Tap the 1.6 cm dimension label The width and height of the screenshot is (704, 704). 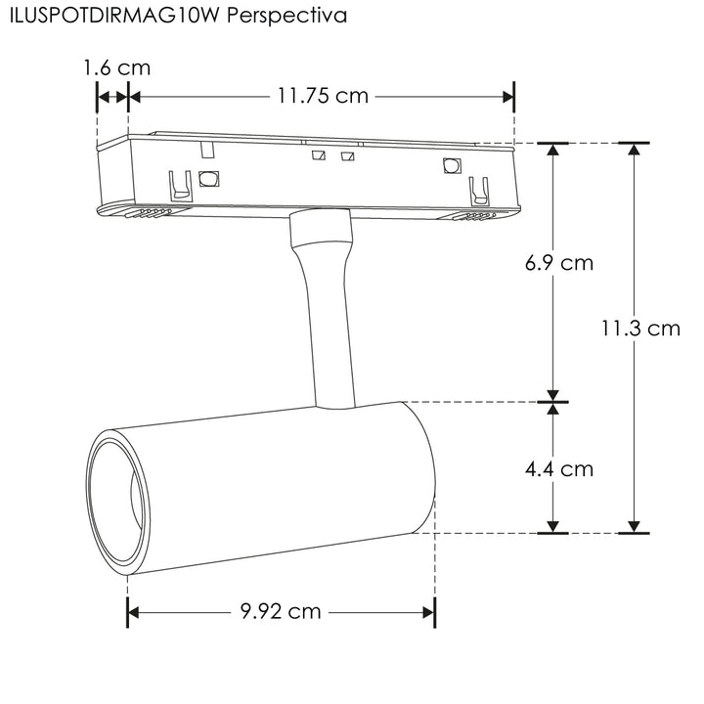point(116,68)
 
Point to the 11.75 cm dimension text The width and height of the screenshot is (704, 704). point(323,96)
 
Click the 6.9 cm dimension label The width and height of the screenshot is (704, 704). point(558,263)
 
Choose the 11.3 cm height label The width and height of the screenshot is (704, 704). point(640,329)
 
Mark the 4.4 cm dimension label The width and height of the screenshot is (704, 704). point(558,469)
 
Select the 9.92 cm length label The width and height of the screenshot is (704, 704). point(281,612)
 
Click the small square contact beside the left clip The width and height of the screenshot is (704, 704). point(208,179)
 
